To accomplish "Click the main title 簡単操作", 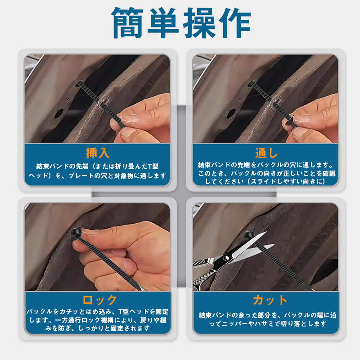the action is (181, 23).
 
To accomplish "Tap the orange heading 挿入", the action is (98, 153).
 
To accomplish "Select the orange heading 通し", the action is (266, 153).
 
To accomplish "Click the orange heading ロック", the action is (99, 300).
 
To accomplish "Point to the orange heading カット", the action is (270, 300).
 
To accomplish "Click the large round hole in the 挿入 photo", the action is (59, 114).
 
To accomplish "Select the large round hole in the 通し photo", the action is (231, 114).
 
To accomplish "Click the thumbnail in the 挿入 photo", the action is (129, 118).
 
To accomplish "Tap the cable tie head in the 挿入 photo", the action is (79, 83).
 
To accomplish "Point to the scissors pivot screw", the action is (226, 258).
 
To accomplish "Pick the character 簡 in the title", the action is (127, 23).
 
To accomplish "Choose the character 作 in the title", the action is (235, 23).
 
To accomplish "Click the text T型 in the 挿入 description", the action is (153, 166).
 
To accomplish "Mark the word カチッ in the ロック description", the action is (69, 311).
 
